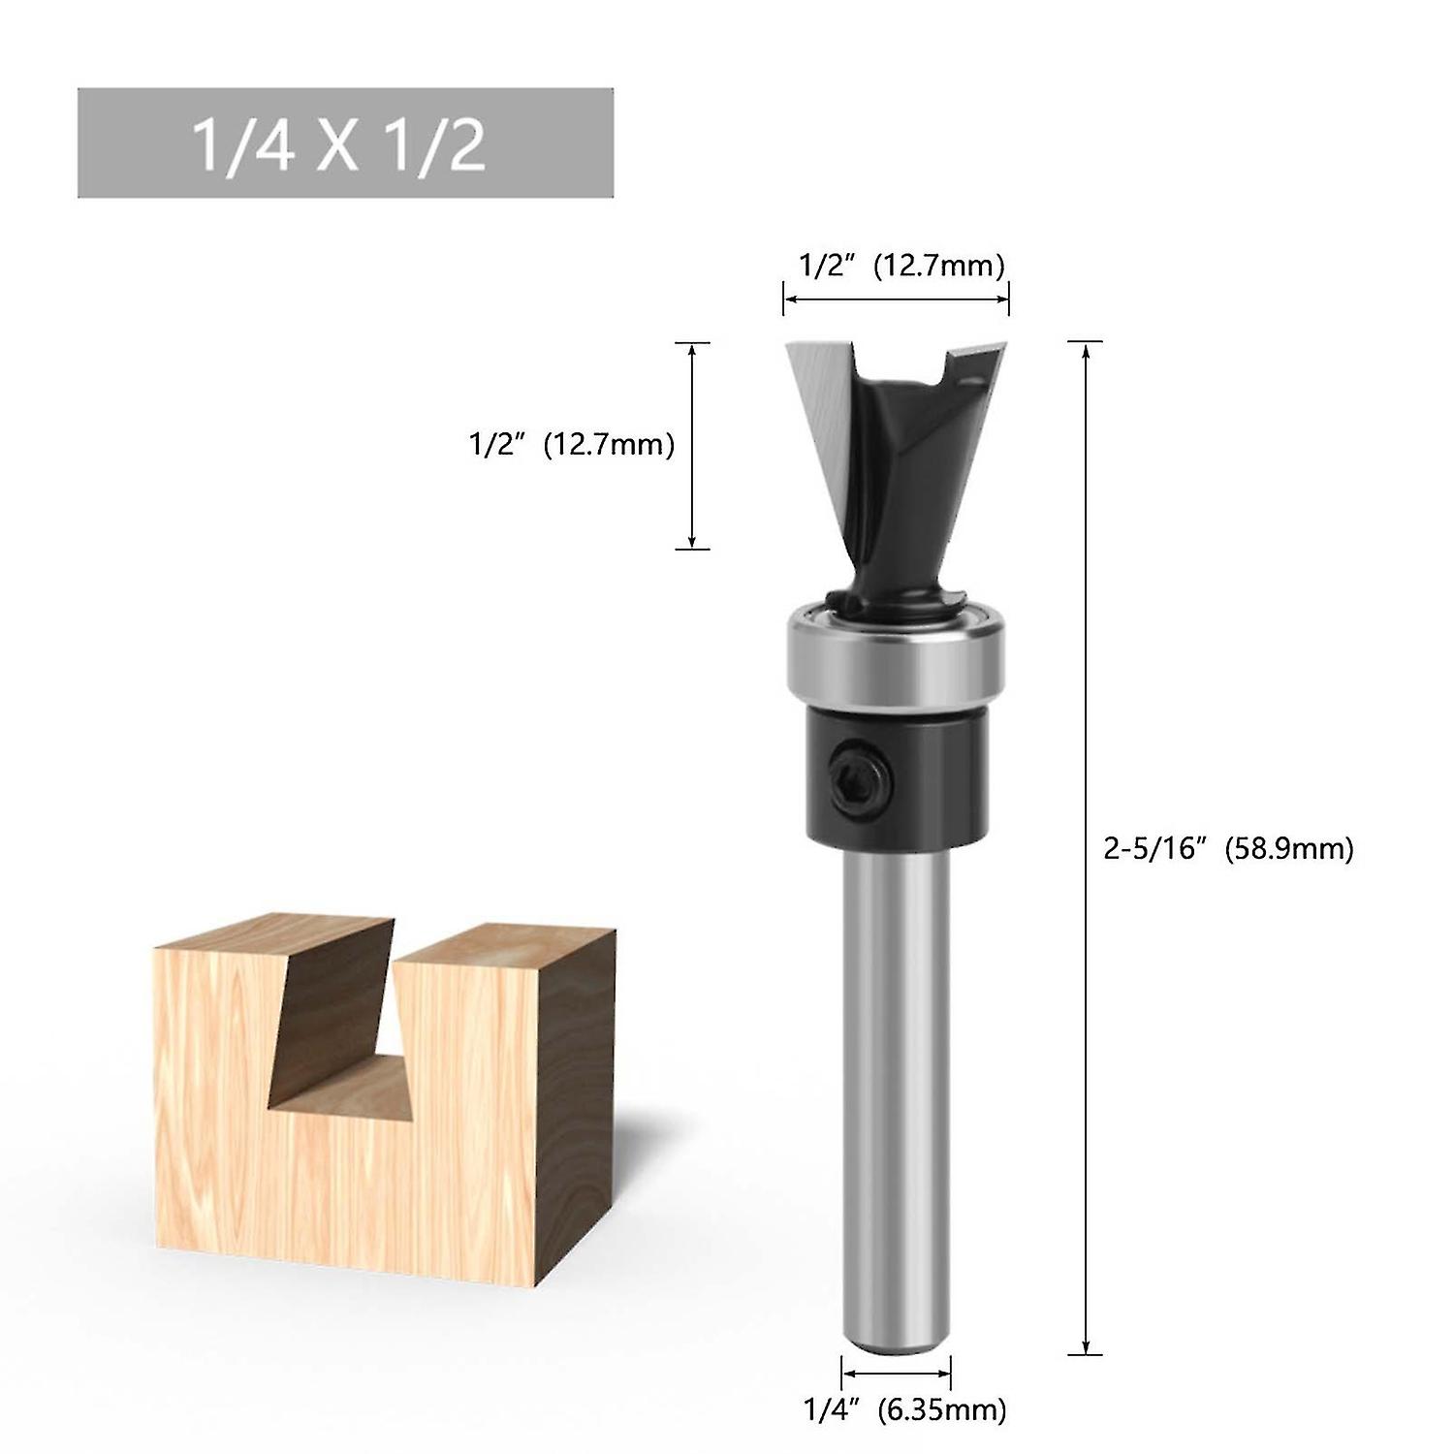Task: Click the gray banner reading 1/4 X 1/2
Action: tap(345, 143)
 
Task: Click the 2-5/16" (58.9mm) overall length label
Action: tap(1228, 848)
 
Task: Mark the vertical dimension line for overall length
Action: tap(1085, 848)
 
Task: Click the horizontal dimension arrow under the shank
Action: tap(896, 1373)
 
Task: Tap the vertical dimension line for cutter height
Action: tap(691, 446)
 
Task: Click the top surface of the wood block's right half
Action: tap(504, 945)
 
